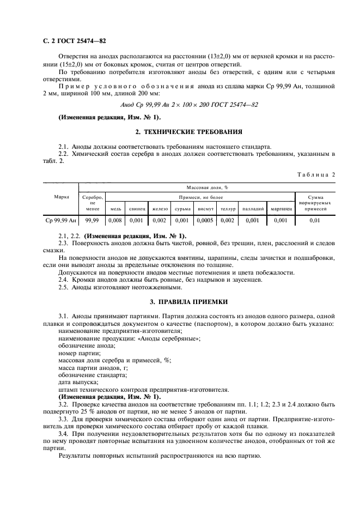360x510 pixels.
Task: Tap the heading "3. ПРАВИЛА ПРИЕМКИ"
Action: (188, 301)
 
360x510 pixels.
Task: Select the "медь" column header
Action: (115, 208)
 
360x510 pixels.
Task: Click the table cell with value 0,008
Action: (115, 221)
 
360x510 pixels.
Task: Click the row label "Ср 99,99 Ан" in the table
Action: (60, 221)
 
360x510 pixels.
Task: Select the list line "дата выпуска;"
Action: (78, 382)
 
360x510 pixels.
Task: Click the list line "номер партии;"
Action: (80, 353)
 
